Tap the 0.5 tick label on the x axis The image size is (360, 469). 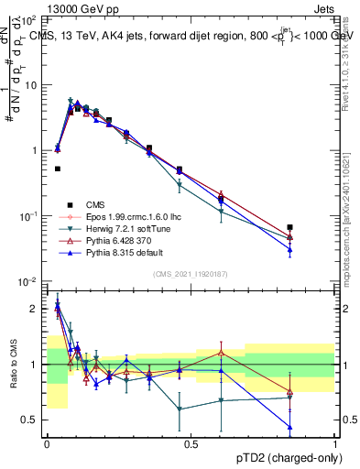click(x=191, y=442)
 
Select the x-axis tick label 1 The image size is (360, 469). click(x=334, y=442)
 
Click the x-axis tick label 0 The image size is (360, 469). click(x=47, y=442)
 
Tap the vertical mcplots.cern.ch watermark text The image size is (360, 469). click(x=353, y=211)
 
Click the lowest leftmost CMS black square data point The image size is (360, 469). click(x=58, y=169)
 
